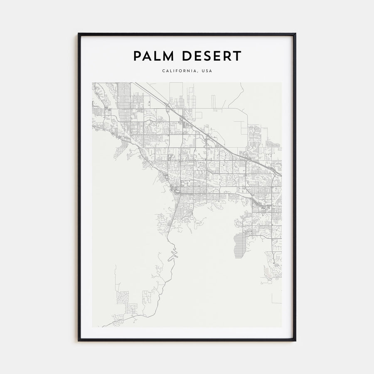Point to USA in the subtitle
coord(207,71)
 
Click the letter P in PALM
coord(137,56)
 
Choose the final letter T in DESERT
coord(237,56)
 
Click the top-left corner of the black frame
coord(79,34)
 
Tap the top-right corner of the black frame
coord(295,34)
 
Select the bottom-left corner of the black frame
coord(79,340)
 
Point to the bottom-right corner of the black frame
coord(295,340)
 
